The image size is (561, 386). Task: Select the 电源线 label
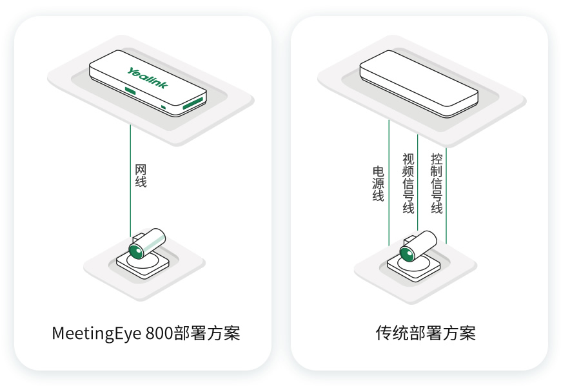click(378, 184)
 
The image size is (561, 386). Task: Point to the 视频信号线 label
click(408, 184)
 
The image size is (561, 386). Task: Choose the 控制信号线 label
click(437, 184)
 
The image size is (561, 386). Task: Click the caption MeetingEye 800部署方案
click(146, 334)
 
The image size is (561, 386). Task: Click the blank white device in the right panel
click(419, 87)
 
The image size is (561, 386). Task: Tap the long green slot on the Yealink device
click(193, 102)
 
